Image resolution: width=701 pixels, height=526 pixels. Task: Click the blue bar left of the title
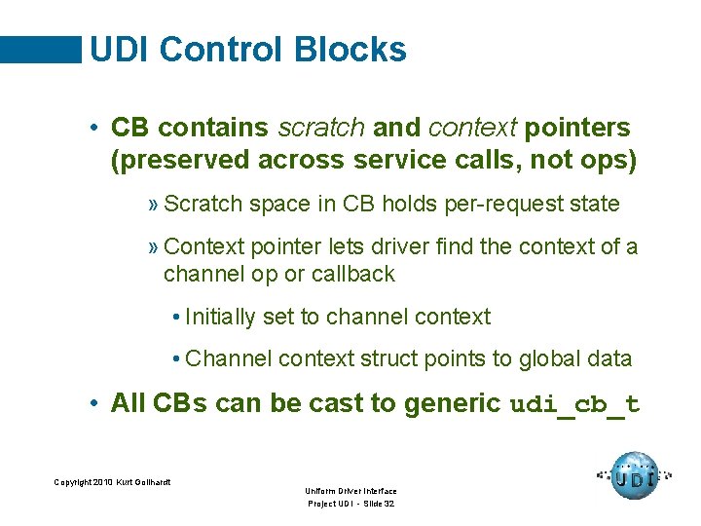41,49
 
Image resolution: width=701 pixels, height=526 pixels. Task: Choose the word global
539,359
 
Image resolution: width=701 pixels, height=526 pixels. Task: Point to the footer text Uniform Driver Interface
350,491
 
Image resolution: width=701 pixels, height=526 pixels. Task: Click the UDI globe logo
634,476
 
